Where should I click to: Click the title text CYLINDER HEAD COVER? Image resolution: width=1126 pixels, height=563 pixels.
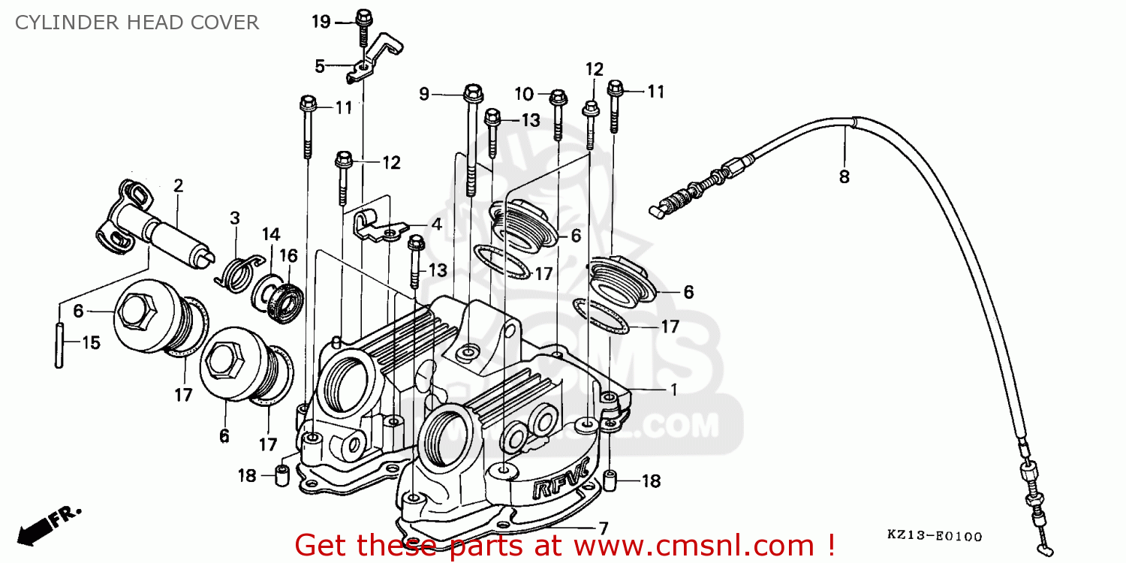137,23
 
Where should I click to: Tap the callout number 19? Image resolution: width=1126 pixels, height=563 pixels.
321,22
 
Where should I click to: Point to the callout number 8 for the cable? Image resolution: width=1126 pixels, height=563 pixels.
844,177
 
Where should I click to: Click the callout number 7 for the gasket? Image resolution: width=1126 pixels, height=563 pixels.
604,527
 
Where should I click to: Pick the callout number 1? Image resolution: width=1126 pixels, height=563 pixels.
673,390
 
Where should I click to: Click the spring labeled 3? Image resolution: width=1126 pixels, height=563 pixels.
238,271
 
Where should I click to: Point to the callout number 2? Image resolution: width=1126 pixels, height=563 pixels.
178,185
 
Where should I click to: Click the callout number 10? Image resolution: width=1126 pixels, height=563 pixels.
524,94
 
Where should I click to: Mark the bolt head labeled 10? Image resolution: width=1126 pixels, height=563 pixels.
557,98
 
